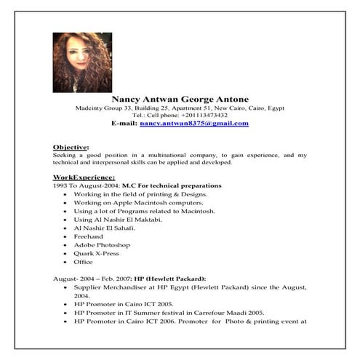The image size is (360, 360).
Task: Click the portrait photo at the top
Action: click(82, 62)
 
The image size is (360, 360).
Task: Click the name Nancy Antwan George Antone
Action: click(180, 98)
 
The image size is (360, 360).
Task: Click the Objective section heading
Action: click(71, 146)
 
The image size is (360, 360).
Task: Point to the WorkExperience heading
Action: click(84, 177)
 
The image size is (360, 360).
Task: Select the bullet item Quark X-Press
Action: click(97, 254)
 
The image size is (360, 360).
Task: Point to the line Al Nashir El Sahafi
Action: click(104, 228)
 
